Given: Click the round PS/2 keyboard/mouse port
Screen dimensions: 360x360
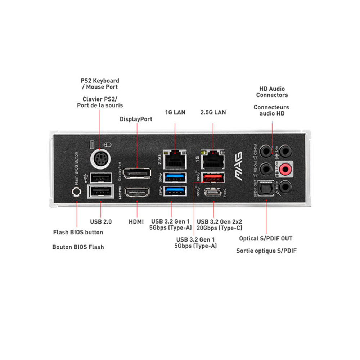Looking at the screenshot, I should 100,158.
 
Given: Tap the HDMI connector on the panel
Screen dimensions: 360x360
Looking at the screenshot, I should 137,193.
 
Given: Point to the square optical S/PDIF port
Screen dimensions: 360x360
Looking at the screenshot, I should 266,189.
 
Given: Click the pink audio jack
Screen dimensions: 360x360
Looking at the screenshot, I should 286,167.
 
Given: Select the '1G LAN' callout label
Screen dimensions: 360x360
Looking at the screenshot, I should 175,112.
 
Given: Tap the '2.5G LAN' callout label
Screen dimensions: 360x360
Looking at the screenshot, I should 213,112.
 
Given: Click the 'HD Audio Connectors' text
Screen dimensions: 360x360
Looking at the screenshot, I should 272,92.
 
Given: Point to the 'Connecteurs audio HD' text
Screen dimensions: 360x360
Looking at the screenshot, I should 271,111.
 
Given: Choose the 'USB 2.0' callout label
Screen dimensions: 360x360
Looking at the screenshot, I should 100,222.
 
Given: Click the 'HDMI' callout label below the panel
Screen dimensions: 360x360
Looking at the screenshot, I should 136,222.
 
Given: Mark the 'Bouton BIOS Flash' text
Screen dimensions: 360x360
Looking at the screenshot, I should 78,247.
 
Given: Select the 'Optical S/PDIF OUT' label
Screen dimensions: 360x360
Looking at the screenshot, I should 266,238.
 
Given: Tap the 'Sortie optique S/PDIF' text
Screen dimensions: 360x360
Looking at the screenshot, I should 266,251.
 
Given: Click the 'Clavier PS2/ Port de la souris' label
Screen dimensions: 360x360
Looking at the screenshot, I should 100,102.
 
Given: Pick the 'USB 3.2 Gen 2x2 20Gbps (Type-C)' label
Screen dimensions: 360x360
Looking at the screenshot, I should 220,225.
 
